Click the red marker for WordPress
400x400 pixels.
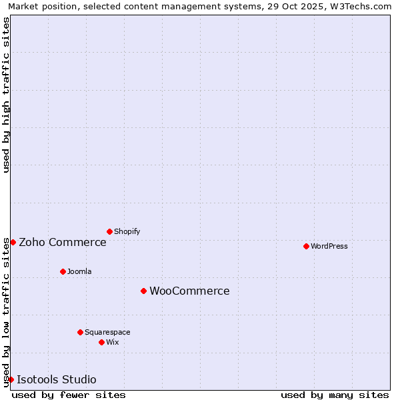306,246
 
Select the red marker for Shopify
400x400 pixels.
109,231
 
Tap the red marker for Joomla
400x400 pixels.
63,271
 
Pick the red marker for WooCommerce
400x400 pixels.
143,291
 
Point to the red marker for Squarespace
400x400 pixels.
80,332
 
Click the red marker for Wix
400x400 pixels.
101,342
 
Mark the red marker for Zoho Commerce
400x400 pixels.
13,242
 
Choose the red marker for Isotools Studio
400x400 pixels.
11,379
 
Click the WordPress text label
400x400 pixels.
329,246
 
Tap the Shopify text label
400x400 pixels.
127,231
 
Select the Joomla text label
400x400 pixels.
79,271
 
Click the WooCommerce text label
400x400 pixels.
189,291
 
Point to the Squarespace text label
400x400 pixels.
107,332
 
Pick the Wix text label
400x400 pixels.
113,342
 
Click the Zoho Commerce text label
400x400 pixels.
63,242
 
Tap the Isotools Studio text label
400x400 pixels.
57,379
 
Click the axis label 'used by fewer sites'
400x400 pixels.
69,395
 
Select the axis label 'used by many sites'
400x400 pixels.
335,395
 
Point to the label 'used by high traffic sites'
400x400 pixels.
6,95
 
